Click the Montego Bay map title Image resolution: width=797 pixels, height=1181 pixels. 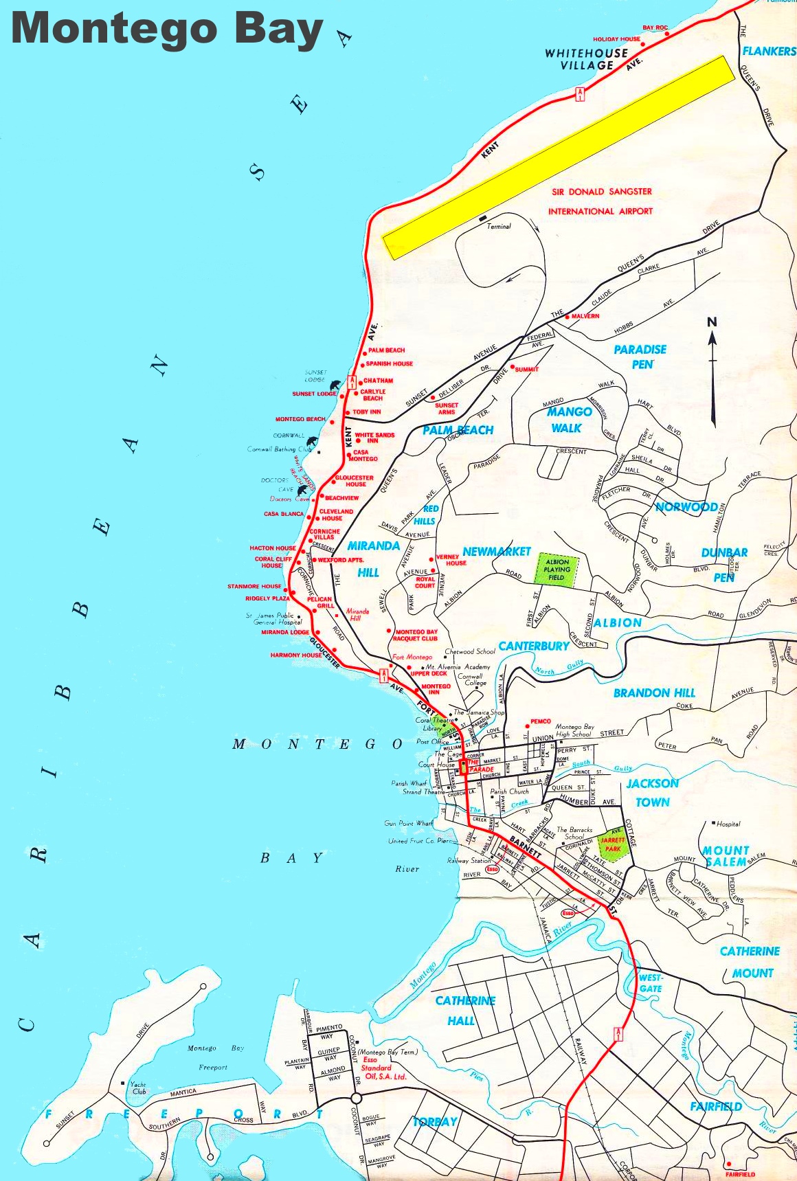tap(167, 29)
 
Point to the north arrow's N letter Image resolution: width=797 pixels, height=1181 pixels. tap(712, 322)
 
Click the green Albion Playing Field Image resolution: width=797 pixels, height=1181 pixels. tap(557, 570)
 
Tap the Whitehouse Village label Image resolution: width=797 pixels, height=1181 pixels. tap(586, 59)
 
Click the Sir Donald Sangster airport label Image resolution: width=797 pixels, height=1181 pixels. tap(600, 201)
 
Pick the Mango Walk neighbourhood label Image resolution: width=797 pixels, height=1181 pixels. tap(568, 420)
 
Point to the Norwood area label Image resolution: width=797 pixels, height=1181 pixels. tap(686, 507)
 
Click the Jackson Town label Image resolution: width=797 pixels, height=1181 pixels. tap(652, 792)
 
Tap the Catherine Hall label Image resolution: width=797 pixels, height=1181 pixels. tap(464, 1011)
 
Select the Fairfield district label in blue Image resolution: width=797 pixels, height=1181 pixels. tap(716, 1106)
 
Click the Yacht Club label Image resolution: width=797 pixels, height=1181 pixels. tap(139, 1088)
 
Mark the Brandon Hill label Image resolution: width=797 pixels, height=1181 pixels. tap(654, 693)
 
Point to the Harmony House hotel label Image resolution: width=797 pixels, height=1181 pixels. tap(295, 655)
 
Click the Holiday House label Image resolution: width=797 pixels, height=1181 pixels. tap(616, 39)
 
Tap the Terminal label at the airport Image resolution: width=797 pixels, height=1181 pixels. tap(499, 226)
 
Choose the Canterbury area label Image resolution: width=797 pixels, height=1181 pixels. tap(534, 646)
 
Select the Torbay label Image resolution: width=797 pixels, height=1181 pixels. tap(435, 1122)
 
